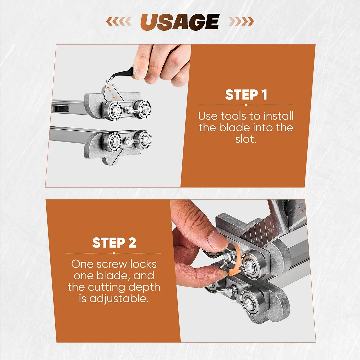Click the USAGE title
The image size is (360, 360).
click(180, 22)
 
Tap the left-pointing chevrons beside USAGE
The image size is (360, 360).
click(119, 22)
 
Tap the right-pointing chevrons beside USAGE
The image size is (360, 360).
click(242, 22)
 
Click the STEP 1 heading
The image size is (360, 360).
click(246, 95)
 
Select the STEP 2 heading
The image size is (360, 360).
click(114, 243)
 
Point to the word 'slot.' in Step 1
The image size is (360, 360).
click(246, 139)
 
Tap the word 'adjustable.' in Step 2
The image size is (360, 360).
click(119, 299)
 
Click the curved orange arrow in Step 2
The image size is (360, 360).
click(236, 260)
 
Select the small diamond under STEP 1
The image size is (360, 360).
click(246, 105)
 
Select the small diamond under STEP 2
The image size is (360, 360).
click(114, 253)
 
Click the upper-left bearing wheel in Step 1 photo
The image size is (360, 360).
click(112, 110)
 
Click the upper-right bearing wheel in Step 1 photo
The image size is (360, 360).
click(143, 108)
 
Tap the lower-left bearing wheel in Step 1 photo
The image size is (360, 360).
click(112, 142)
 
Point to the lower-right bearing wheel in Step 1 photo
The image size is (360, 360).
click(143, 139)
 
